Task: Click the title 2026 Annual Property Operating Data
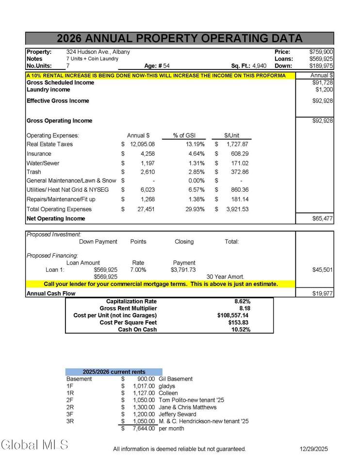click(180, 39)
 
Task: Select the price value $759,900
click(321, 51)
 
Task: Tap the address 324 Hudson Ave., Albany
click(98, 51)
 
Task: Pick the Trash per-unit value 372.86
click(237, 172)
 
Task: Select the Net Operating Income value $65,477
click(323, 218)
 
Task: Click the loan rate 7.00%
click(138, 269)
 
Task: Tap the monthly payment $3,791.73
click(183, 269)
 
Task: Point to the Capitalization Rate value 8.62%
click(242, 301)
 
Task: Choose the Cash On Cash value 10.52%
click(241, 330)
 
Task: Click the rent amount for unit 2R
click(144, 407)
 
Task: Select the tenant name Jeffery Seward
click(178, 414)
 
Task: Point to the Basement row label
click(79, 379)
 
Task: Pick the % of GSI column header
click(183, 135)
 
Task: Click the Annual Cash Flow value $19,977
click(323, 293)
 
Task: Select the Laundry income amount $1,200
click(324, 90)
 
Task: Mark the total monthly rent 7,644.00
click(144, 429)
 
